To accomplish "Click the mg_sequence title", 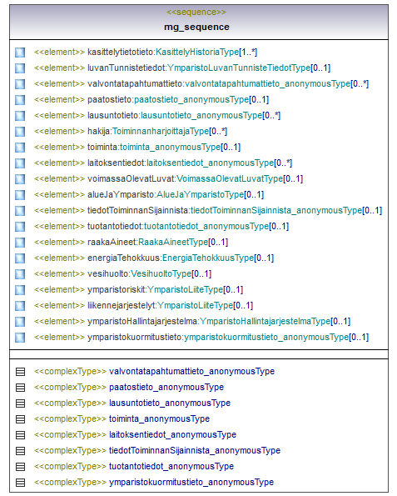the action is pyautogui.click(x=196, y=27).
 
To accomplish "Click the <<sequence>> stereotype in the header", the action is pyautogui.click(x=196, y=12).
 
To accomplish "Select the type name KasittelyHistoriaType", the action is pyautogui.click(x=197, y=52).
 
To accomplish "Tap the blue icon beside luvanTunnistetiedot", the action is pyautogui.click(x=20, y=68).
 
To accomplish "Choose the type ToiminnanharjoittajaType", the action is pyautogui.click(x=161, y=131).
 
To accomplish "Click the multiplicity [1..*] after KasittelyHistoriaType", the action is pyautogui.click(x=248, y=52).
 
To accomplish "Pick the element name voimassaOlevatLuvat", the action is pyautogui.click(x=131, y=178).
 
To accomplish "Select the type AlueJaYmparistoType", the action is pyautogui.click(x=201, y=194).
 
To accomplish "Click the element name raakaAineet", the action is pyautogui.click(x=112, y=242).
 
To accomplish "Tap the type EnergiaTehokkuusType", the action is pyautogui.click(x=208, y=258).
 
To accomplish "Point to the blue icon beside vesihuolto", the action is pyautogui.click(x=20, y=273).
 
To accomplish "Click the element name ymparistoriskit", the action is pyautogui.click(x=117, y=289).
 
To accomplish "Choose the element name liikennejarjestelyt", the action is pyautogui.click(x=122, y=305).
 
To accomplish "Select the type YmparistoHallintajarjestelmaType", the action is pyautogui.click(x=265, y=321).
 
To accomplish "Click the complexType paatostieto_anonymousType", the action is pyautogui.click(x=166, y=387).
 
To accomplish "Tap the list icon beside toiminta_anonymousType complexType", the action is pyautogui.click(x=20, y=419).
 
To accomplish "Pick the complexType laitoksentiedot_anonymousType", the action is pyautogui.click(x=173, y=434).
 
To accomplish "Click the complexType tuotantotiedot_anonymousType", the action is pyautogui.click(x=171, y=466).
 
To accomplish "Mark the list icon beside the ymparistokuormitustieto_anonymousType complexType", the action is pyautogui.click(x=20, y=483).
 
